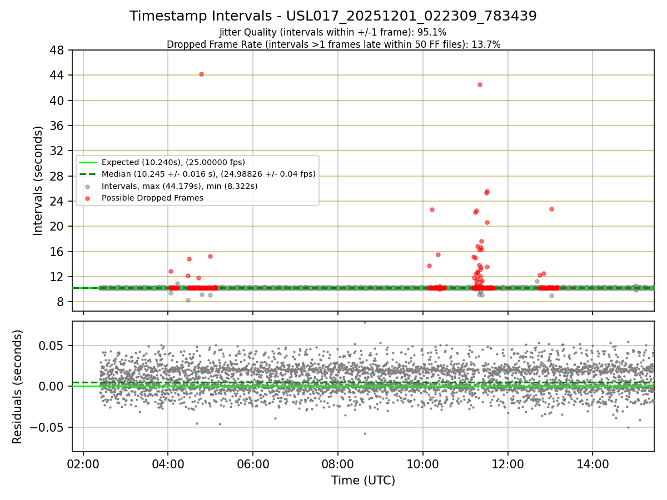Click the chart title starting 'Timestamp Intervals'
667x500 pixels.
tap(333, 16)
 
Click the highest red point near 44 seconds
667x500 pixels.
tap(201, 74)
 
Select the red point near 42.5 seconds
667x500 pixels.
tap(480, 84)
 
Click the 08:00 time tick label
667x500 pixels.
tap(337, 462)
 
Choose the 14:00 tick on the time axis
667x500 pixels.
tap(592, 462)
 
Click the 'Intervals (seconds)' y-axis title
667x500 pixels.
tap(38, 181)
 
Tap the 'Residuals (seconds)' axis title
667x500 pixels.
tap(17, 387)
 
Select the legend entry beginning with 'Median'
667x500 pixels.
tap(208, 174)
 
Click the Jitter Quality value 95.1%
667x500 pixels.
tap(433, 32)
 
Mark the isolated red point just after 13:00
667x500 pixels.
tap(551, 209)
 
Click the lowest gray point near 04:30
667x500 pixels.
tap(188, 300)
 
